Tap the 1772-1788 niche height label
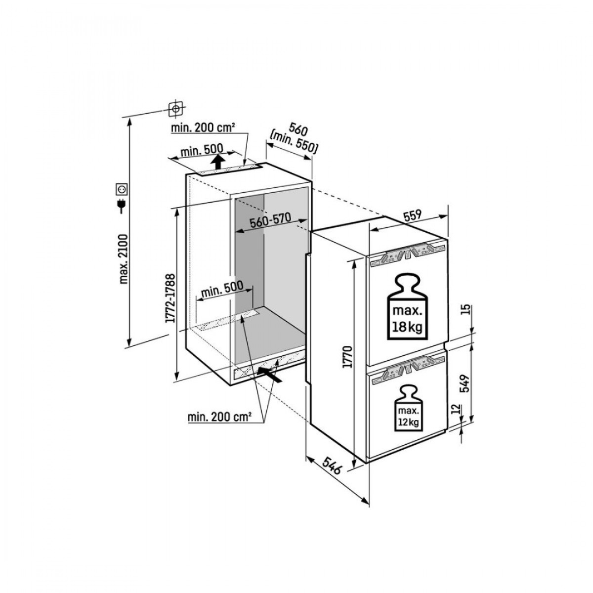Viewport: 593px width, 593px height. coord(170,299)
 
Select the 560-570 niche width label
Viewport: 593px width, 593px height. coord(269,222)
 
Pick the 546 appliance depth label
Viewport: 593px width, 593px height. coord(331,465)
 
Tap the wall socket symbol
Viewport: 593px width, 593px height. coord(122,189)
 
